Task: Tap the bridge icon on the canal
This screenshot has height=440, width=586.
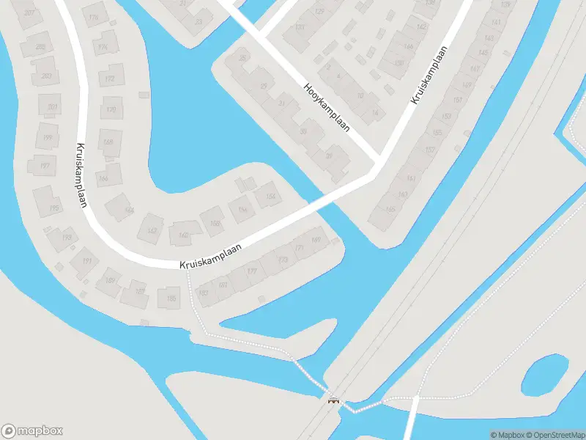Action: click(x=334, y=400)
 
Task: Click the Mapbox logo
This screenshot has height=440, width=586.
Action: click(x=32, y=431)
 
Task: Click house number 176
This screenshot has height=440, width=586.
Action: click(x=93, y=18)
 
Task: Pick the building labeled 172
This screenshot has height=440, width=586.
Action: click(x=110, y=78)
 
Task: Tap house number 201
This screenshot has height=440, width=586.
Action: click(x=51, y=107)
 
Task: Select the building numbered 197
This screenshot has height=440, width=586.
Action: click(x=44, y=166)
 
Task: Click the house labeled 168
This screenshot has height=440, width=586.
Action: click(x=108, y=142)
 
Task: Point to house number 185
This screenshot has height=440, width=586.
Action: click(x=171, y=298)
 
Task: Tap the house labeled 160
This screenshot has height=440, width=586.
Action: click(x=183, y=235)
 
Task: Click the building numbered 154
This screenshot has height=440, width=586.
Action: click(x=270, y=196)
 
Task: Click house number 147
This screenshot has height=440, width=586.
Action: click(x=475, y=70)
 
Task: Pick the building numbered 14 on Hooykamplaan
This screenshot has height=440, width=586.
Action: click(x=375, y=112)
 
